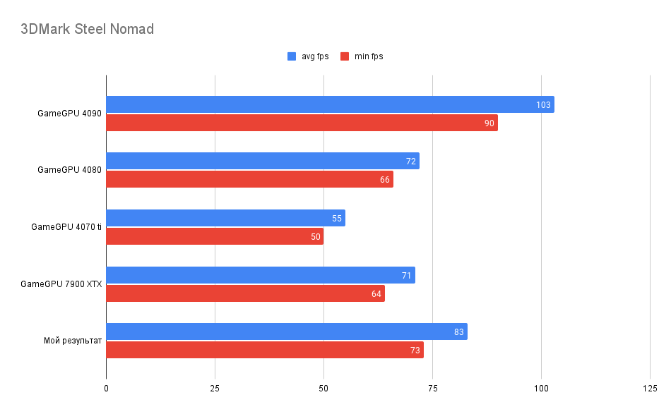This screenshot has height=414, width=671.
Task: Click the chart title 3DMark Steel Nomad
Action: coord(87,30)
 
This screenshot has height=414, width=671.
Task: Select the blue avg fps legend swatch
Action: coord(292,56)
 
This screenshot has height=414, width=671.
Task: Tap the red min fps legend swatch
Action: coord(345,56)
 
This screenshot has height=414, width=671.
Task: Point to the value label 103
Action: coord(543,105)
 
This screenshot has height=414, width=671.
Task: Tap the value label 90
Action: coord(489,123)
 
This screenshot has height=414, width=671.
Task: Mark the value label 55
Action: coord(337,219)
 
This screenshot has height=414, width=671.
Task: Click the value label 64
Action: coord(376,293)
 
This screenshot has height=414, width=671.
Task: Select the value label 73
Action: coord(415,351)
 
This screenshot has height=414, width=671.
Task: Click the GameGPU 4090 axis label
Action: coord(69,113)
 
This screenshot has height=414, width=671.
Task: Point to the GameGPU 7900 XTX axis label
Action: coord(61,284)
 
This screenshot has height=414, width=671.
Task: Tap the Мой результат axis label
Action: coord(73,341)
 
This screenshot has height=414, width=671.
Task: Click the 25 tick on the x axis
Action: coord(215,389)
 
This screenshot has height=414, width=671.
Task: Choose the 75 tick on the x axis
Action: coord(432,389)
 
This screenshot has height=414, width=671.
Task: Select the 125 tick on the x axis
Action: coord(650,389)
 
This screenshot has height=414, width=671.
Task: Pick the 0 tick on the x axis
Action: coord(106,389)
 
